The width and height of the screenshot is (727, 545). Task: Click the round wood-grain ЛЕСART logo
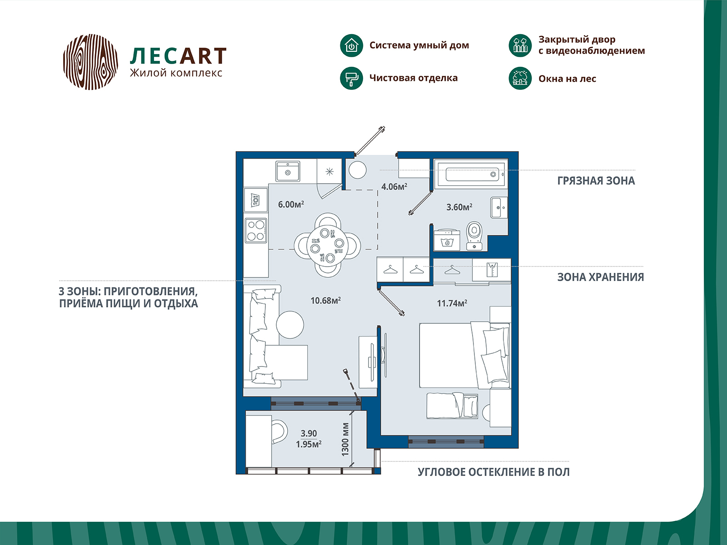(90, 62)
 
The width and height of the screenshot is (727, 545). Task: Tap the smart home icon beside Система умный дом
(351, 45)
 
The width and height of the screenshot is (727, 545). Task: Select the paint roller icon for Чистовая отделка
(351, 78)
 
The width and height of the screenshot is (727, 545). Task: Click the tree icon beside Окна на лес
(520, 78)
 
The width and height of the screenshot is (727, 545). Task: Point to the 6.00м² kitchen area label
(291, 204)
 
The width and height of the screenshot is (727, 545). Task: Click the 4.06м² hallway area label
(394, 187)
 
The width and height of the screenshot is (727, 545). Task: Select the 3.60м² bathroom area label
(459, 207)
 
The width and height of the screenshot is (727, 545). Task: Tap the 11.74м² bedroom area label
(452, 303)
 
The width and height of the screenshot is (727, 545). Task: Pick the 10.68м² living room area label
(325, 301)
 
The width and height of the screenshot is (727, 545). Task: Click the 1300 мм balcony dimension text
(345, 439)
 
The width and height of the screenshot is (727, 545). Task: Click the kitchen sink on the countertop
(288, 171)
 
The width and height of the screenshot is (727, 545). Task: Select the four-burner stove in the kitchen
(256, 230)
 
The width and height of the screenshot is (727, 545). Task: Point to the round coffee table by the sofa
(290, 325)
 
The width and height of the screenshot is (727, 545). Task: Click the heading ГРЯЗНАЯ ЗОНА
(596, 181)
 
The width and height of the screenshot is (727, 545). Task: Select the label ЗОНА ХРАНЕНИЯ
(600, 277)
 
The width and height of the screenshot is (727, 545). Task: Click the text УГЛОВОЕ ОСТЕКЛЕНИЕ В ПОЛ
(493, 472)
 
